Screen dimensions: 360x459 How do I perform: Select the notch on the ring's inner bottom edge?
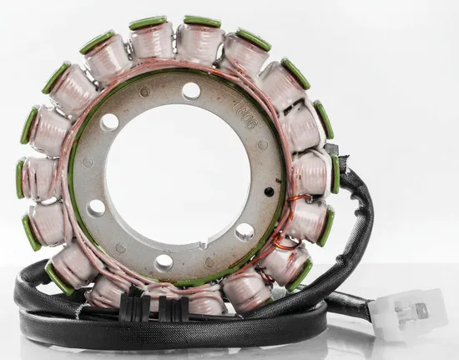pos(202,244)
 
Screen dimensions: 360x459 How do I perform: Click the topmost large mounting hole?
pos(191,90)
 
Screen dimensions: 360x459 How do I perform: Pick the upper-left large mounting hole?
pos(109,123)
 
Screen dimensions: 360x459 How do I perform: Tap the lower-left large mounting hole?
pos(97,208)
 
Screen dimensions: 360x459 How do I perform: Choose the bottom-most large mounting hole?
pos(164,262)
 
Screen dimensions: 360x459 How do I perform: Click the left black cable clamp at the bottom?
pos(134,307)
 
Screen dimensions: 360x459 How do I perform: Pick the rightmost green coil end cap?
pos(335,174)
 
